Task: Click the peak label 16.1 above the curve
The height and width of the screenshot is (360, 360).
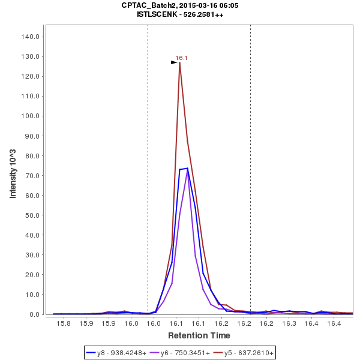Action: (181, 58)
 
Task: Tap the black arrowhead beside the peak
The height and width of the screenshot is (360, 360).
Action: (174, 62)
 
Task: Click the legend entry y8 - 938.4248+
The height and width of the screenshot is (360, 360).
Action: (121, 353)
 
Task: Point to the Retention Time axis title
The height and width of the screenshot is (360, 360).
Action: (199, 335)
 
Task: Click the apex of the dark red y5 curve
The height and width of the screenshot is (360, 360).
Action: (179, 62)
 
